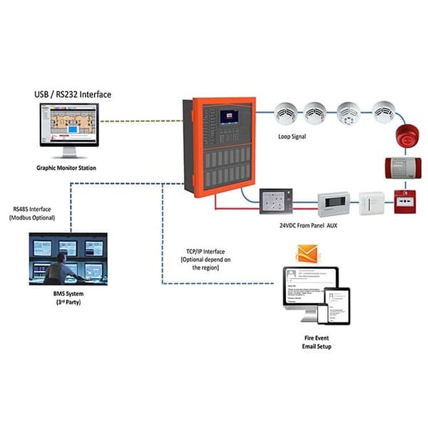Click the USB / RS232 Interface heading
[x=73, y=94]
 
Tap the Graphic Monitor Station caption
[x=70, y=169]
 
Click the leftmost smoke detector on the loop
[x=287, y=112]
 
